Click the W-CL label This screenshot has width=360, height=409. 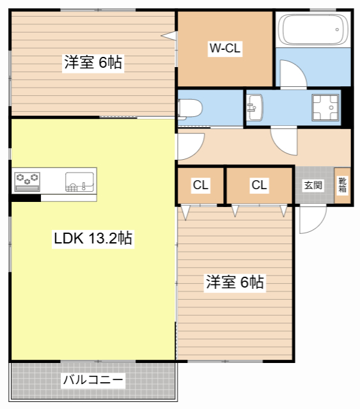[x=225, y=49]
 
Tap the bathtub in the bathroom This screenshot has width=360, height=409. [x=313, y=29]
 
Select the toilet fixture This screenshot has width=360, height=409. [x=190, y=109]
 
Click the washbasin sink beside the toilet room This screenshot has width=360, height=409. [x=254, y=108]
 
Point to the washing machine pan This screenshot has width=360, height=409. [x=325, y=108]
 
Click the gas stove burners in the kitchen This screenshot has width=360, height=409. [x=27, y=181]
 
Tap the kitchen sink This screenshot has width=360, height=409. [x=79, y=181]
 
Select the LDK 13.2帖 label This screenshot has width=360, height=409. [x=93, y=238]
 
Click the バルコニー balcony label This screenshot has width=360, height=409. [x=93, y=380]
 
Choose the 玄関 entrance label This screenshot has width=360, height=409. [x=313, y=185]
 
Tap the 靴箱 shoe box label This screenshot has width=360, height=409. [x=343, y=185]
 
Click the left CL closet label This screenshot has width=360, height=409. [x=201, y=185]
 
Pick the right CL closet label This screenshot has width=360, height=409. [x=259, y=185]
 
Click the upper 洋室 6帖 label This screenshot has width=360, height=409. [x=93, y=63]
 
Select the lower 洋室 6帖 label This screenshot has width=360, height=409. [x=235, y=282]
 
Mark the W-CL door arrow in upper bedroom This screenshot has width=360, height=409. [x=169, y=36]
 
